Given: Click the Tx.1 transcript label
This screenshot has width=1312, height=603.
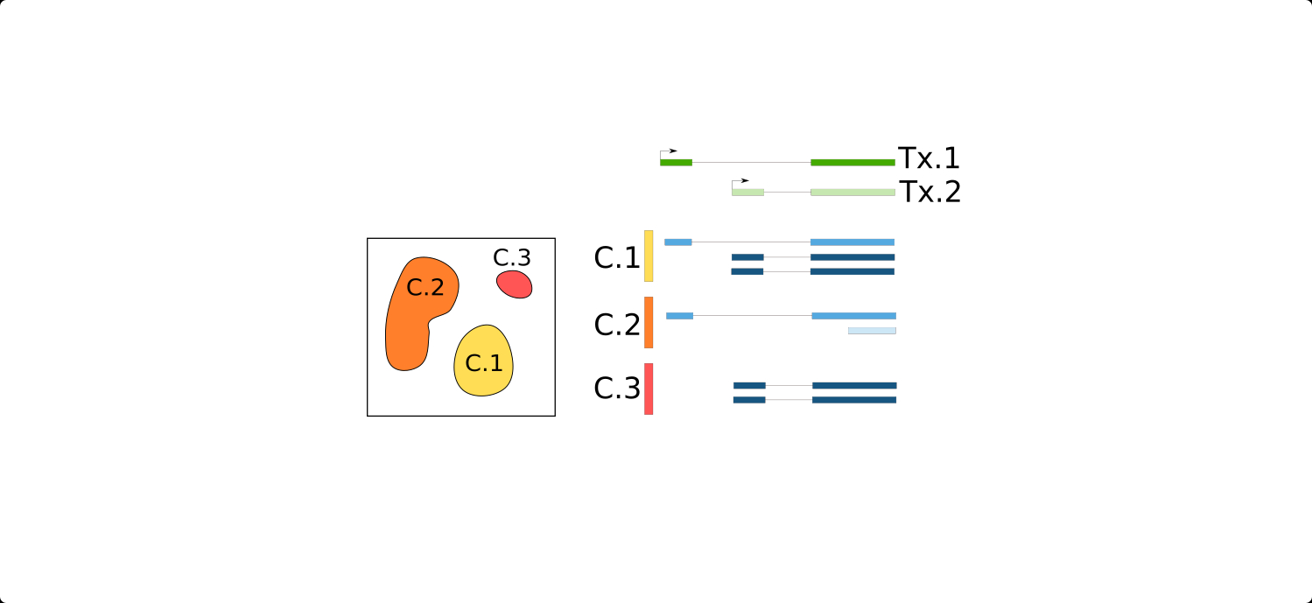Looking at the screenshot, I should (x=929, y=158).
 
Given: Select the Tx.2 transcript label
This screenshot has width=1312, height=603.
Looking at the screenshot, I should (x=930, y=192).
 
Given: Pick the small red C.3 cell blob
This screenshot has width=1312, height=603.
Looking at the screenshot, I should (x=514, y=284).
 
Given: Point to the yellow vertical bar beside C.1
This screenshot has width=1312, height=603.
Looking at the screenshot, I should (x=649, y=256).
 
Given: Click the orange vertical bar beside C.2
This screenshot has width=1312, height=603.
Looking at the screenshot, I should (x=649, y=322).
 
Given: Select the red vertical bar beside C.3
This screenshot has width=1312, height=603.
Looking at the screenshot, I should (x=649, y=389).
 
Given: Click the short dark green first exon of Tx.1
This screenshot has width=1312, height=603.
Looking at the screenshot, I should (x=676, y=162).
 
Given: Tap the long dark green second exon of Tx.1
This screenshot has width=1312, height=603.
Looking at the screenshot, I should (x=852, y=162).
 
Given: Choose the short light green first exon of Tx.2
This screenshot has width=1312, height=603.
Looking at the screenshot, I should (x=747, y=192).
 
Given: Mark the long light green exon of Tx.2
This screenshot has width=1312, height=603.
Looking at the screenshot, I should (x=852, y=192).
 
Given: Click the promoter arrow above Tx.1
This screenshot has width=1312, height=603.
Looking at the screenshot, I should (x=668, y=152).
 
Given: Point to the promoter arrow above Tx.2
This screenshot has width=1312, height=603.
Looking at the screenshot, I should (x=740, y=181).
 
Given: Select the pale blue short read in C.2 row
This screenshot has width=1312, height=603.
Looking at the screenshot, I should (x=872, y=330).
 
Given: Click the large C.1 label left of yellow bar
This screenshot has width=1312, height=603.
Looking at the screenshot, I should (x=617, y=257).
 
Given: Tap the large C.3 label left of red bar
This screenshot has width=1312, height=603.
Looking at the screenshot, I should (x=617, y=389).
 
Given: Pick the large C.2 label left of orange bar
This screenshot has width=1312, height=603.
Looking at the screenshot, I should (x=617, y=325).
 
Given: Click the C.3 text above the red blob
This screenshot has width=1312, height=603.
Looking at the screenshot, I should (x=512, y=257).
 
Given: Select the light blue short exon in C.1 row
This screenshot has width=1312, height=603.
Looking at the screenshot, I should (x=677, y=242).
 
